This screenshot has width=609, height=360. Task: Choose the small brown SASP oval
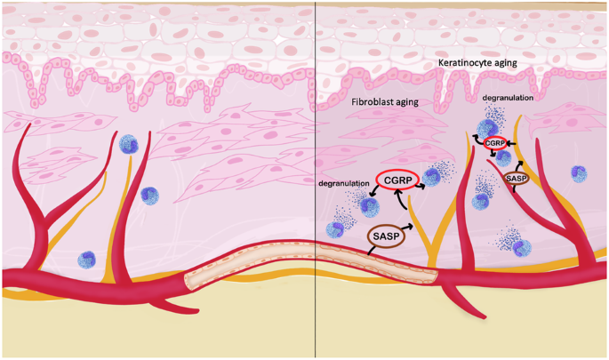point(517,179)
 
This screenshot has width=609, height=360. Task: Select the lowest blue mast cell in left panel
point(86,260)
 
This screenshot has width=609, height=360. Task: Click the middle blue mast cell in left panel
point(149,195)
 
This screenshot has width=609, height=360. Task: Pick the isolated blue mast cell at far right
point(578,172)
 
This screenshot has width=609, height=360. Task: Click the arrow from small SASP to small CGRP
point(513,160)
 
